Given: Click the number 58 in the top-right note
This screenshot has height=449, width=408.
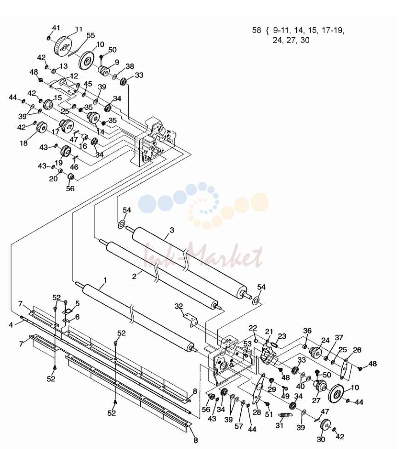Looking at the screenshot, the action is click(256, 30).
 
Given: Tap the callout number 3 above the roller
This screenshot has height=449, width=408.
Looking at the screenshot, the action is click(172, 230).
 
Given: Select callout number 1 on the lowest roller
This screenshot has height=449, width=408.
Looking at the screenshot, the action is click(105, 280).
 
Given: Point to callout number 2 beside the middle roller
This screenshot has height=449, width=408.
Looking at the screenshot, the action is click(134, 276).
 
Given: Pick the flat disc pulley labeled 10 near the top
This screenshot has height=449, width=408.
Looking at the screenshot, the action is click(87, 60).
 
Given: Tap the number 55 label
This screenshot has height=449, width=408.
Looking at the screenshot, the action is click(91, 35).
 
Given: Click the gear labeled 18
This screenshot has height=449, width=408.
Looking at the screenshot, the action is click(42, 127).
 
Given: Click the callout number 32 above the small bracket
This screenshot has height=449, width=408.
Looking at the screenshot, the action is click(179, 306).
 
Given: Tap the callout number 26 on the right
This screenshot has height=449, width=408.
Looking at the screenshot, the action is click(357, 350).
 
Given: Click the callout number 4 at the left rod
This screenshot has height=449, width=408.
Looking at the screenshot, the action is click(11, 325).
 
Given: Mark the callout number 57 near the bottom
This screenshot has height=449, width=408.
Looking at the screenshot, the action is click(239, 426).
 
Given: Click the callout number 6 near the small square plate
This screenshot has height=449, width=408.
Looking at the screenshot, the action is click(77, 317).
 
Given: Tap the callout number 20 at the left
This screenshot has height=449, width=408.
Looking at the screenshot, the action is click(54, 179).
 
